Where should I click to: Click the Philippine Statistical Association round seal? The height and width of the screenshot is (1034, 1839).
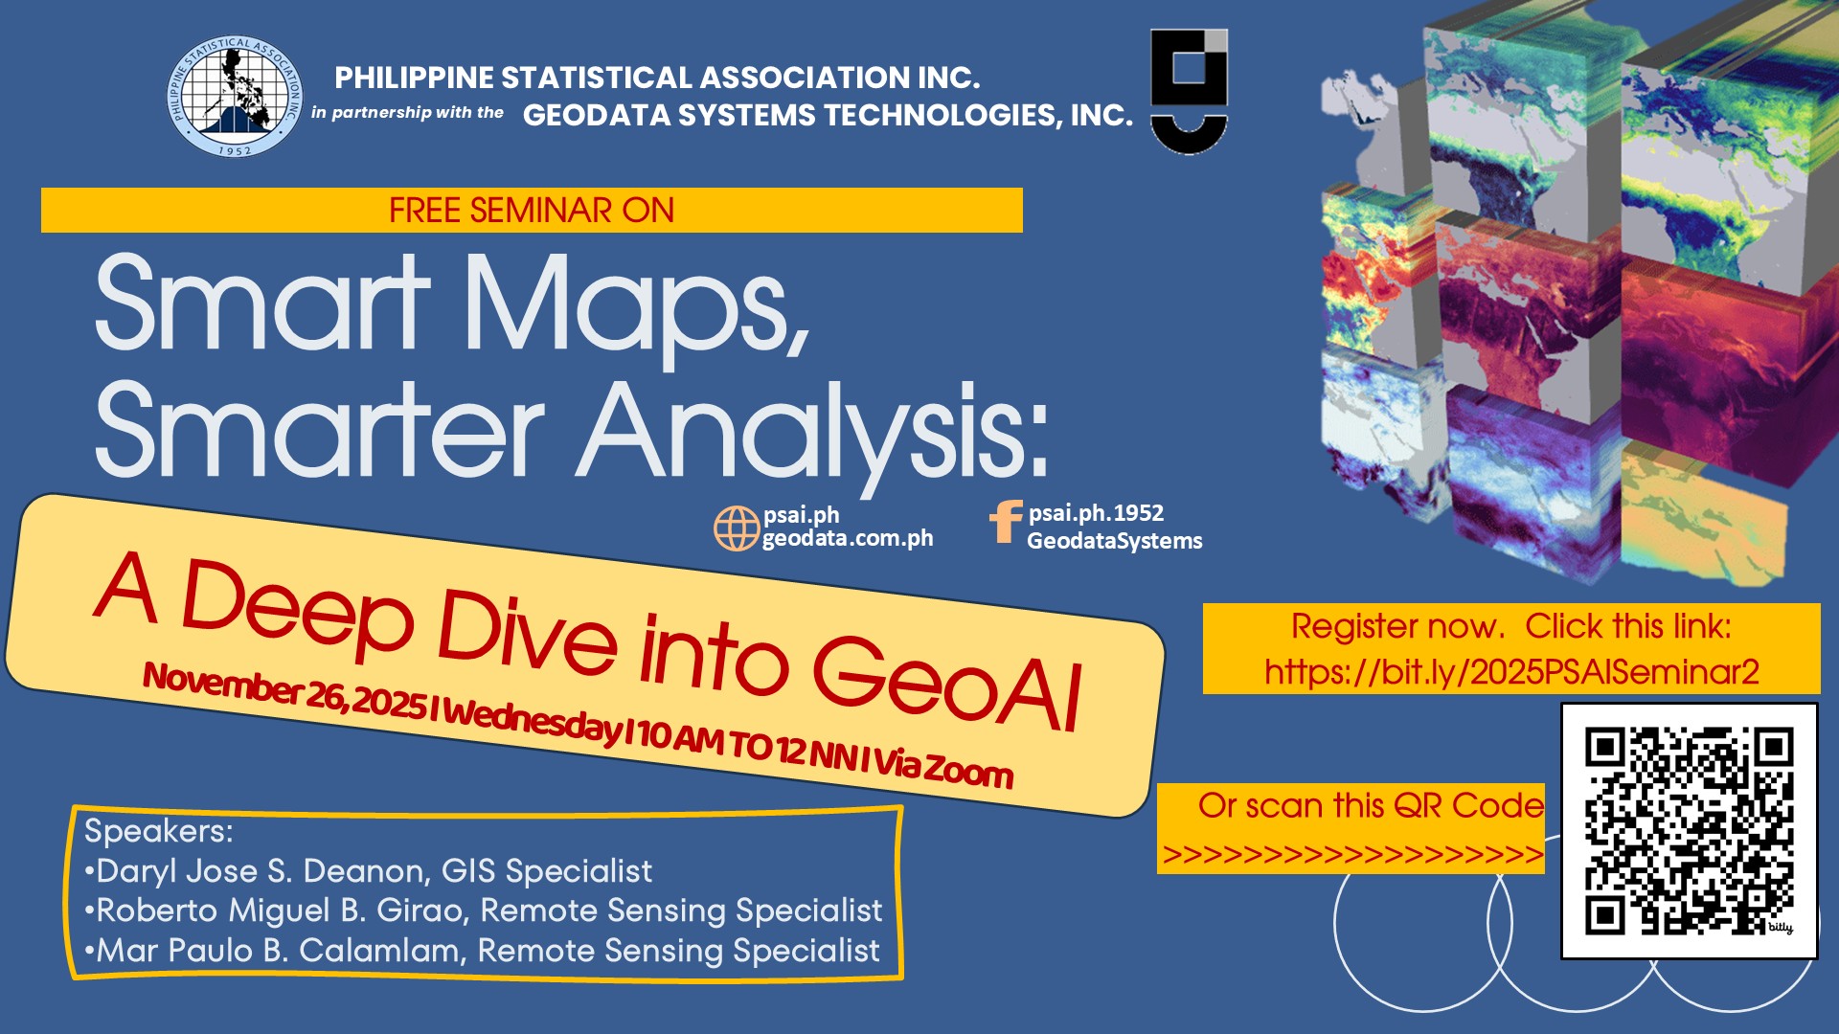click(x=235, y=98)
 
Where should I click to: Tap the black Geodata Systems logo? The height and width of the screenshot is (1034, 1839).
click(x=1189, y=92)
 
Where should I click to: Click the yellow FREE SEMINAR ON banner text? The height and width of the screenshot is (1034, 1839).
click(x=532, y=211)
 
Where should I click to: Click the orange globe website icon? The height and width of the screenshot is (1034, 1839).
click(x=737, y=528)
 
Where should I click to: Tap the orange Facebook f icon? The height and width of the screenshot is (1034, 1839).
click(x=1006, y=522)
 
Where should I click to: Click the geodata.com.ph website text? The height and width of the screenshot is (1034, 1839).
click(x=848, y=538)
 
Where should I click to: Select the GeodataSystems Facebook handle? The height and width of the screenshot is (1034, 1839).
click(x=1115, y=541)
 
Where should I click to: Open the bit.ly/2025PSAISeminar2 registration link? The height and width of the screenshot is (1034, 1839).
click(x=1511, y=672)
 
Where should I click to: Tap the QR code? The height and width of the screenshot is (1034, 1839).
click(x=1690, y=831)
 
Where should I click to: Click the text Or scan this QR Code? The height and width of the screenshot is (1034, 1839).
click(x=1371, y=806)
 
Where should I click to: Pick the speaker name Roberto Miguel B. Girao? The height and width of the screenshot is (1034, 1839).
click(x=284, y=910)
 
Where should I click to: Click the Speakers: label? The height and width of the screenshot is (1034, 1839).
click(x=159, y=831)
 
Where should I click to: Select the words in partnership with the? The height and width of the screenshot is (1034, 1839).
click(x=407, y=113)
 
